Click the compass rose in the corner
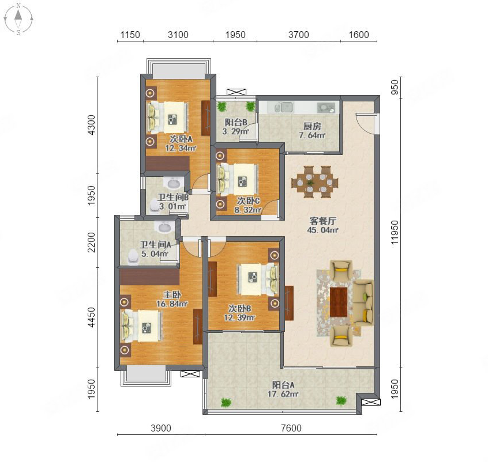click(18, 18)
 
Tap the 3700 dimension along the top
click(298, 35)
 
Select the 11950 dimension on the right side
click(395, 232)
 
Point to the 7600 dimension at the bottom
click(291, 428)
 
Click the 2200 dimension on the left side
click(91, 242)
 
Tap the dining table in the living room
click(314, 182)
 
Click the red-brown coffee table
click(339, 302)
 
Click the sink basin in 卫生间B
click(174, 183)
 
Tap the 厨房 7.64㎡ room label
click(312, 131)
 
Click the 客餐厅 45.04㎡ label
click(322, 225)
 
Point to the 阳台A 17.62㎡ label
click(283, 389)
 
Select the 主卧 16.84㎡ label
click(172, 299)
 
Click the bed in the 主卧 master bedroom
click(141, 327)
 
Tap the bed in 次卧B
click(258, 279)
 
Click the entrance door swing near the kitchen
click(365, 123)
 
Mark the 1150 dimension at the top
click(130, 35)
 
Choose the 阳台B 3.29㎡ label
click(235, 127)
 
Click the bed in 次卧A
click(168, 117)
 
